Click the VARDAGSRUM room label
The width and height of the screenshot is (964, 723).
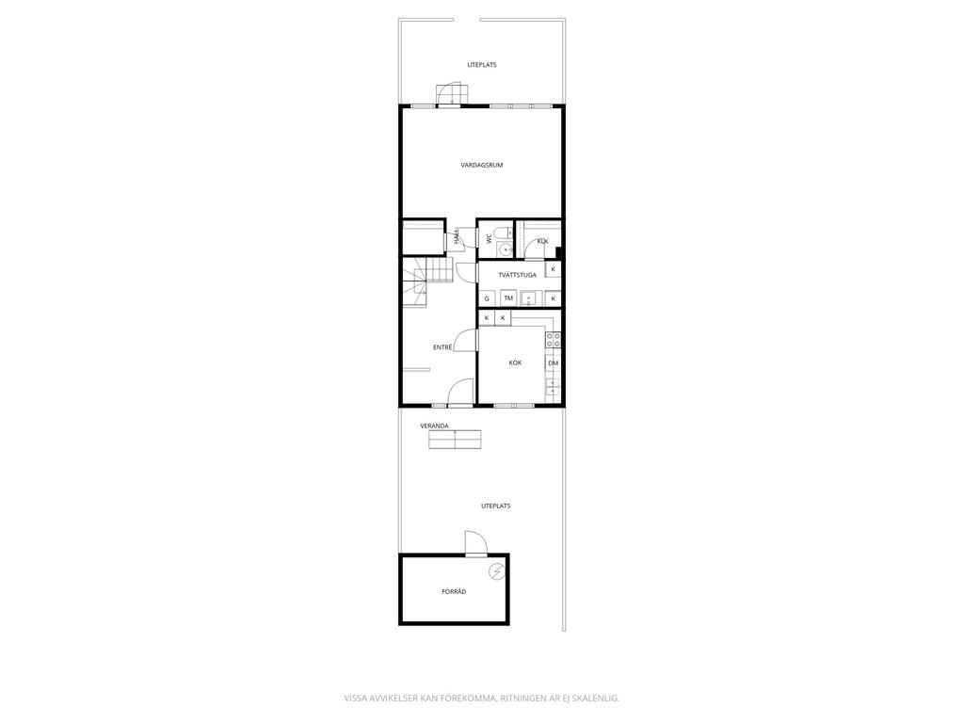tap(482, 165)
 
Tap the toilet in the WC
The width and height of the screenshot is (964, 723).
tap(503, 233)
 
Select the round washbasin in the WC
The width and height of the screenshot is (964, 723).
tap(505, 249)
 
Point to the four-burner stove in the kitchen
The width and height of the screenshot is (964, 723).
tap(554, 340)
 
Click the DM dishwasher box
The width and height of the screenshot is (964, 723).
tap(554, 363)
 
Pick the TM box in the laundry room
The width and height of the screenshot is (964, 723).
tap(508, 298)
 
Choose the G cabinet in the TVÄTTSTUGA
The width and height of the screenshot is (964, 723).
tap(487, 298)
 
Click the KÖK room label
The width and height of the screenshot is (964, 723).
tap(515, 362)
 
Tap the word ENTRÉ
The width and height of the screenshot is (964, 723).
tap(442, 347)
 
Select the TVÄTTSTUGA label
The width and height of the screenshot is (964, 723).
tap(518, 275)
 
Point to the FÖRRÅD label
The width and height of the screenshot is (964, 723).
tap(455, 591)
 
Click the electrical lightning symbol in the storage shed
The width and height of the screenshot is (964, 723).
tap(496, 572)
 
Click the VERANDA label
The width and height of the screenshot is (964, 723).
tap(434, 426)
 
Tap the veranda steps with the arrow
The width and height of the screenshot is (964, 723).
tap(455, 440)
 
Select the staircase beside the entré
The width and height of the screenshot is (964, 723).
tap(428, 281)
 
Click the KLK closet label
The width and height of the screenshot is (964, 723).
tap(542, 241)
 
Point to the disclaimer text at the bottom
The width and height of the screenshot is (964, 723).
tap(481, 698)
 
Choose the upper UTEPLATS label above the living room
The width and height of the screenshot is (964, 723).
tap(482, 65)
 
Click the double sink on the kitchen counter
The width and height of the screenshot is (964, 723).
tap(553, 387)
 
